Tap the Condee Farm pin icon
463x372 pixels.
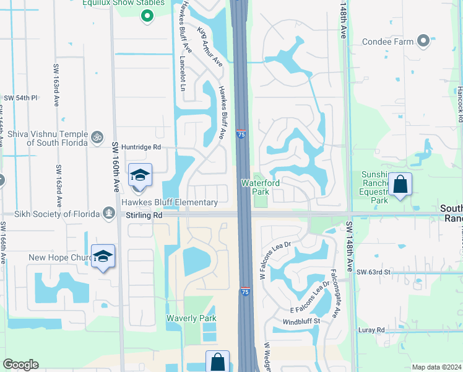[423, 42]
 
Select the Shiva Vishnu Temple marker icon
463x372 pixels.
[96, 136]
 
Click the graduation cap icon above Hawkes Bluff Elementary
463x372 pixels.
[140, 175]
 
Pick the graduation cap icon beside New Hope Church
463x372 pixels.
[103, 256]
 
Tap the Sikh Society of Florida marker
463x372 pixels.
[109, 213]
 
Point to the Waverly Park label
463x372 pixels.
[191, 318]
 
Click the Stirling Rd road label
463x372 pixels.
[144, 215]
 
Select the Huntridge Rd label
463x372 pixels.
[141, 148]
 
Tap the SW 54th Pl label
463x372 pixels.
[21, 98]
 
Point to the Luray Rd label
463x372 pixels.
[371, 330]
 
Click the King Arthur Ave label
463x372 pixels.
[210, 46]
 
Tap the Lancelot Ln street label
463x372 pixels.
[182, 74]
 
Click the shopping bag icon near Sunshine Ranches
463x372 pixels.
[400, 184]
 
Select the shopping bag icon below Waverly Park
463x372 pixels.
[217, 361]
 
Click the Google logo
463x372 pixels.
[20, 365]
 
